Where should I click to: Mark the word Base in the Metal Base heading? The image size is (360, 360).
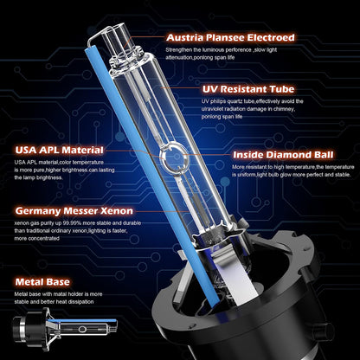pyautogui.click(x=58, y=281)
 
